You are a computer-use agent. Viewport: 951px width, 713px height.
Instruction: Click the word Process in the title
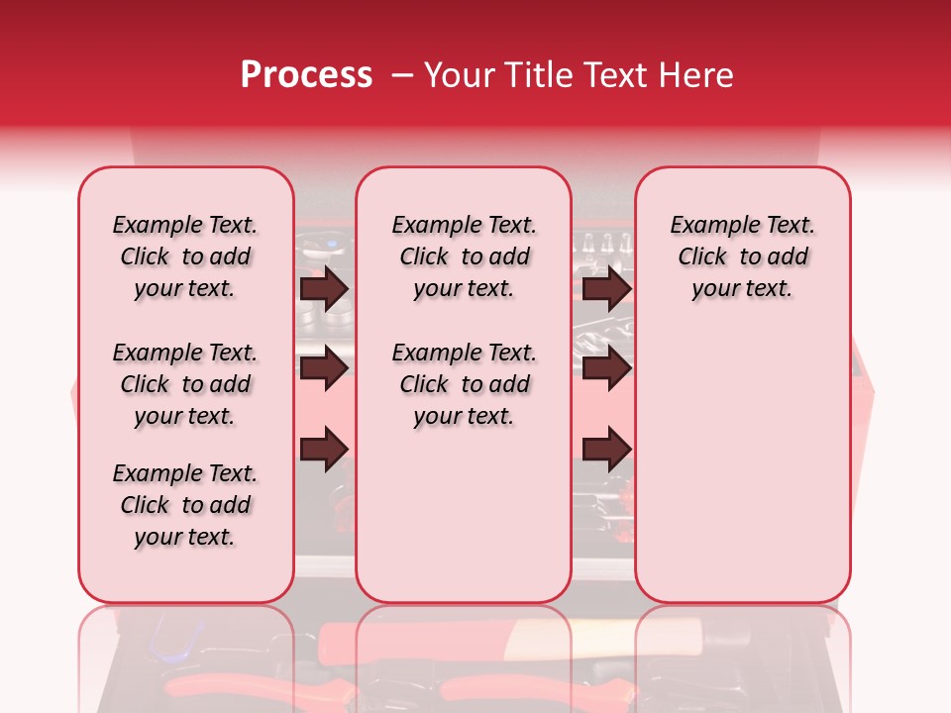click(306, 75)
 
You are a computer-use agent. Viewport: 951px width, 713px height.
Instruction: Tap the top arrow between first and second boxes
click(324, 289)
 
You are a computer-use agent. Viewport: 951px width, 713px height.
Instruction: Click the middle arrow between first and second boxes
click(324, 369)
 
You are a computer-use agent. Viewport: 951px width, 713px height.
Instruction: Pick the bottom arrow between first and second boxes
click(324, 449)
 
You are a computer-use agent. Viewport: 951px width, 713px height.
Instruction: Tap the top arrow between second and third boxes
click(606, 289)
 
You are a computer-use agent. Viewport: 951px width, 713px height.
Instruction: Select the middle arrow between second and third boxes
click(606, 369)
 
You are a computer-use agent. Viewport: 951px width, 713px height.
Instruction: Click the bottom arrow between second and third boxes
click(606, 449)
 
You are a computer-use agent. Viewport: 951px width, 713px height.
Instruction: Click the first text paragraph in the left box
click(185, 256)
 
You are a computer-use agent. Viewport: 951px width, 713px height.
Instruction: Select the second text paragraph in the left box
click(185, 384)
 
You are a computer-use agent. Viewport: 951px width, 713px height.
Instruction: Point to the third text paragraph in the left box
click(185, 505)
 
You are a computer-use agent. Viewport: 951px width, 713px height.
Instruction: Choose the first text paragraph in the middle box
click(464, 256)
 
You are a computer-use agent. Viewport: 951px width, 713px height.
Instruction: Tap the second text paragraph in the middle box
click(464, 384)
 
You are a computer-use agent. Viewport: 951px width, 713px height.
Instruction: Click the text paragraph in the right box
click(742, 256)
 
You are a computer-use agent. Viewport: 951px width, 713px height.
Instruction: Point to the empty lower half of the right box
click(742, 465)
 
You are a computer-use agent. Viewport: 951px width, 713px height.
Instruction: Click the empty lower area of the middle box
click(464, 515)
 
